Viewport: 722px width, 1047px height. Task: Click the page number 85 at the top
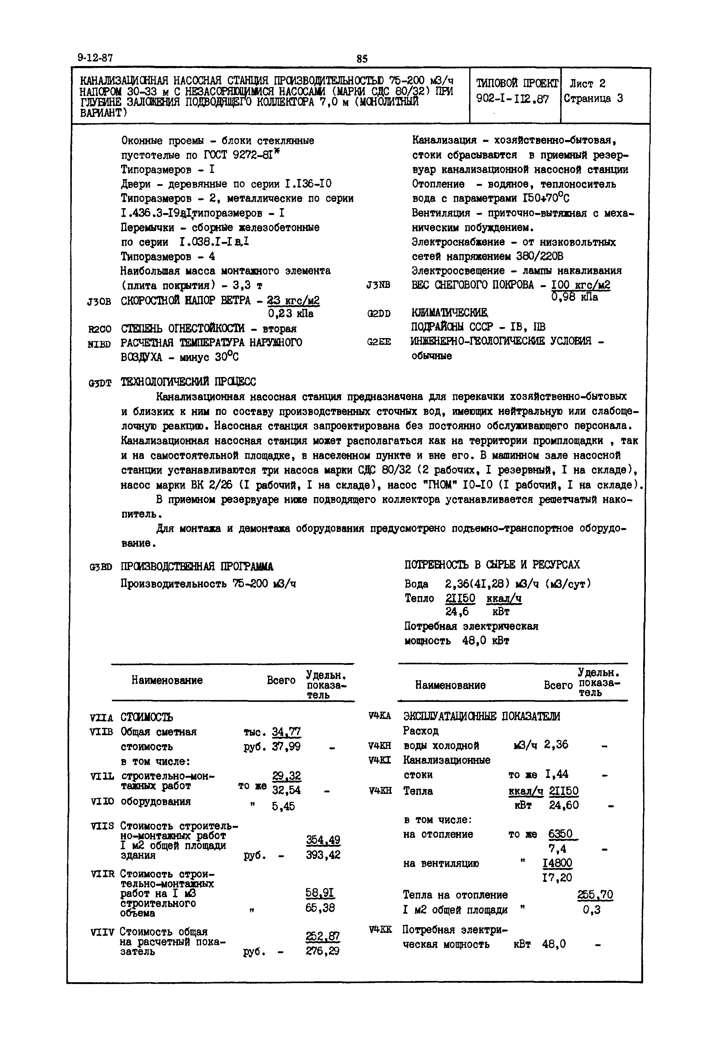[362, 59]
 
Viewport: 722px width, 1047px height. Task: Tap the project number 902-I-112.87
[513, 99]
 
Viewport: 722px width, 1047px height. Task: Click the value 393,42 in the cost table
[323, 855]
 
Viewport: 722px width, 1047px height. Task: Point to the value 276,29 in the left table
[322, 951]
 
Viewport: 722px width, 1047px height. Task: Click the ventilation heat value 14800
[557, 863]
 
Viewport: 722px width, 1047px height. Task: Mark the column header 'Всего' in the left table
[281, 680]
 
